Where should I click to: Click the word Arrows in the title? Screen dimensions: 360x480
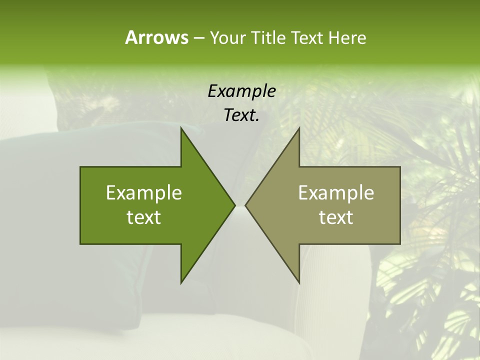click(156, 37)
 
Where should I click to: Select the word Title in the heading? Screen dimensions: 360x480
click(269, 37)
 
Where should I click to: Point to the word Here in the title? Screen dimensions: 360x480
click(347, 37)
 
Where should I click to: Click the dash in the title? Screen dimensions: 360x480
click(198, 38)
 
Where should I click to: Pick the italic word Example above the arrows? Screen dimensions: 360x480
click(241, 91)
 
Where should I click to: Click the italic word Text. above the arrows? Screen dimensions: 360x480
click(241, 115)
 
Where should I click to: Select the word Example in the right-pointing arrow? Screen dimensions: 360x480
click(144, 193)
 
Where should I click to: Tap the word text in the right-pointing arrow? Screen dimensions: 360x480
click(144, 217)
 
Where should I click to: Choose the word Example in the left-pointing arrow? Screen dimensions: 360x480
click(336, 193)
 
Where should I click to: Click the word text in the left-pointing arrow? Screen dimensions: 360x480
click(336, 217)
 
